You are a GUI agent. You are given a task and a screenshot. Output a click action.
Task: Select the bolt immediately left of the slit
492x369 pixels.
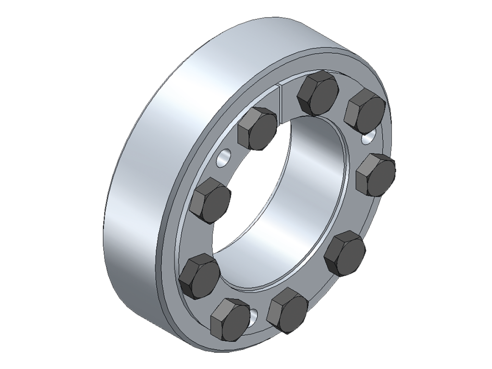pyautogui.click(x=258, y=129)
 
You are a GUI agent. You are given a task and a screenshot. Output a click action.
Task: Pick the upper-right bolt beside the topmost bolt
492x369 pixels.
pyautogui.click(x=365, y=111)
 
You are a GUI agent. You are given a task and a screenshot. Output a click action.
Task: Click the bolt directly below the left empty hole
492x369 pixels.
pyautogui.click(x=210, y=200)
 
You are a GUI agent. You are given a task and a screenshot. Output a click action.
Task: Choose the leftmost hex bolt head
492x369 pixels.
pyautogui.click(x=199, y=277)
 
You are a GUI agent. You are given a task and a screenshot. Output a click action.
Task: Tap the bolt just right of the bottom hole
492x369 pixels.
pyautogui.click(x=288, y=310)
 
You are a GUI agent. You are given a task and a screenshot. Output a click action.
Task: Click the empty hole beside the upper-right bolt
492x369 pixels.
pyautogui.click(x=368, y=138)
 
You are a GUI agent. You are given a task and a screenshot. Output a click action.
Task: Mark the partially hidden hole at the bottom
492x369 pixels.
pyautogui.click(x=253, y=316)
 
